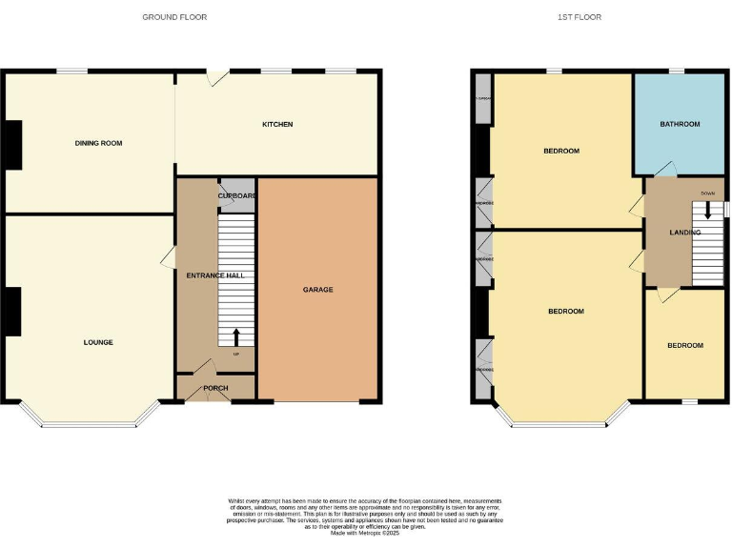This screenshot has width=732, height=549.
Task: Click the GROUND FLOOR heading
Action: tap(174, 17)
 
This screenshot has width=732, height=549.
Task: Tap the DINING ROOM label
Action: tap(99, 143)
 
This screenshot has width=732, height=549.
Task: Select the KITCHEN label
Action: tap(277, 125)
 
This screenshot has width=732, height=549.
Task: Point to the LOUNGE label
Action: tap(98, 342)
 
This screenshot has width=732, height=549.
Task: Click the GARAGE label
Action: tap(318, 290)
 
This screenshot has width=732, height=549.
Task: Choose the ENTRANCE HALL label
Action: tap(215, 275)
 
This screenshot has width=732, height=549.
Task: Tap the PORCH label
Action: tap(216, 388)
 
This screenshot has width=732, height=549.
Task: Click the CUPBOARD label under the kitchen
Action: tap(237, 195)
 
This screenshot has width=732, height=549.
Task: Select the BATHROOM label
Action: tap(680, 124)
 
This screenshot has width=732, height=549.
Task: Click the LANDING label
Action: tap(684, 233)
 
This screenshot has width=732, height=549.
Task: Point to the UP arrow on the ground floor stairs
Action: tap(236, 337)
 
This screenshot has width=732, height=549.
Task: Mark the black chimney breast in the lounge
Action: tap(12, 312)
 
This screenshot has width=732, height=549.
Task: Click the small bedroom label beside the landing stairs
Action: tap(684, 345)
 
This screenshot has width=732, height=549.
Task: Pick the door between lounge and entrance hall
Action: tap(170, 255)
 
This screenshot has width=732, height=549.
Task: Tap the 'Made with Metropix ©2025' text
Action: tap(366, 534)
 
